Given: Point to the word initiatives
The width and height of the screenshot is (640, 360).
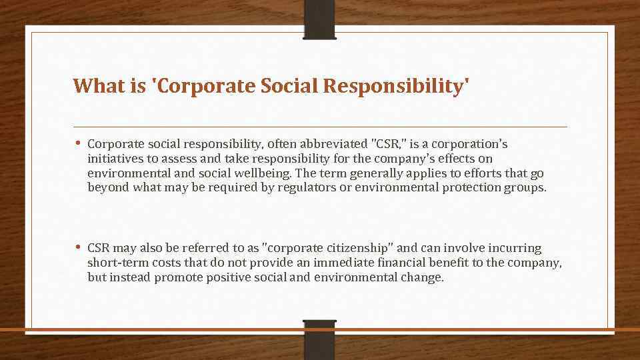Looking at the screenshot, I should tap(114, 159).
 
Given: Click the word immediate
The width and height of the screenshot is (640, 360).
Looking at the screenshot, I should tap(341, 263).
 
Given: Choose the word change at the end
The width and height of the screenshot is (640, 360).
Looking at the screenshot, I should tap(423, 277).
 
